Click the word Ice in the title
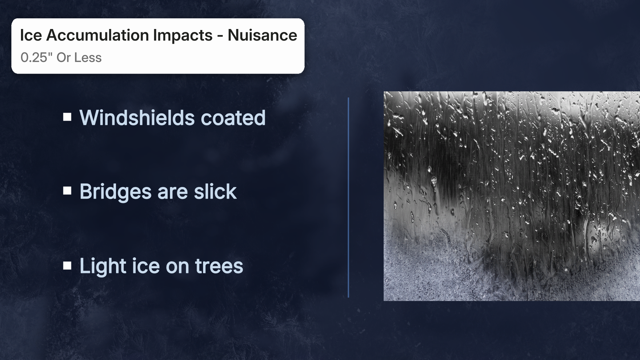click(x=31, y=35)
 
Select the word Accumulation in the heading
click(x=97, y=35)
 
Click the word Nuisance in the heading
click(x=262, y=35)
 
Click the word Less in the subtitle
click(x=88, y=58)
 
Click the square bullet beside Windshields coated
click(x=67, y=117)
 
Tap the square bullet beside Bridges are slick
click(x=67, y=191)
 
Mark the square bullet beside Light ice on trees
click(x=67, y=266)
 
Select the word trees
click(x=219, y=266)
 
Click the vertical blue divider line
click(x=348, y=197)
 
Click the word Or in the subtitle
click(x=63, y=58)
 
